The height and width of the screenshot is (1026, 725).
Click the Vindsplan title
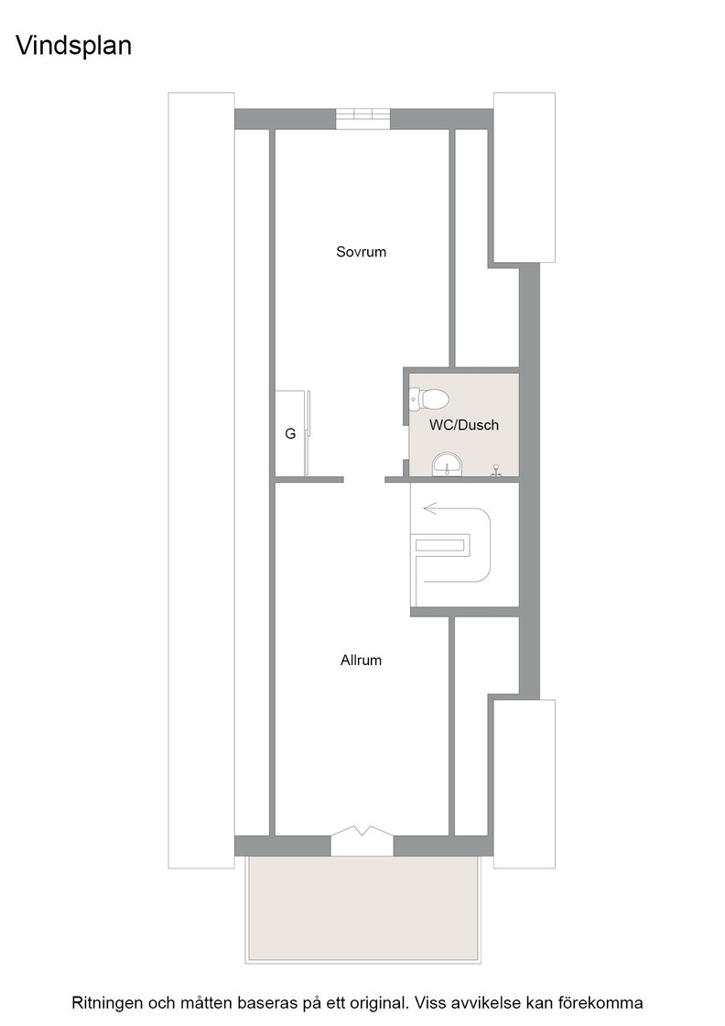click(x=73, y=45)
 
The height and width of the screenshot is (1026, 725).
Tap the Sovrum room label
click(x=361, y=252)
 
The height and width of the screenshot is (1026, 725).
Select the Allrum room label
click(x=361, y=660)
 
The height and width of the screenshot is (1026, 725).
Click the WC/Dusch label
click(x=464, y=425)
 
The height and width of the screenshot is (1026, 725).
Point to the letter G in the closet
click(x=290, y=434)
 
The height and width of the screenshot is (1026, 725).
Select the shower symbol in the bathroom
click(x=496, y=470)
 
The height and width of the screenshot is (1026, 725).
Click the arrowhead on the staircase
click(x=429, y=508)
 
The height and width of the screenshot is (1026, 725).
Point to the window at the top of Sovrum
click(x=362, y=119)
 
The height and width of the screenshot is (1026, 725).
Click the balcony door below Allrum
click(x=362, y=840)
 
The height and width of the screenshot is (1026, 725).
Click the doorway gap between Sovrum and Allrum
click(x=363, y=479)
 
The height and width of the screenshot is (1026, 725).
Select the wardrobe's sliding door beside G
click(x=309, y=432)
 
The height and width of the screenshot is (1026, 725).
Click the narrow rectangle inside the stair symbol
click(x=442, y=545)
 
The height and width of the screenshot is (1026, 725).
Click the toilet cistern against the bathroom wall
click(x=414, y=399)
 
